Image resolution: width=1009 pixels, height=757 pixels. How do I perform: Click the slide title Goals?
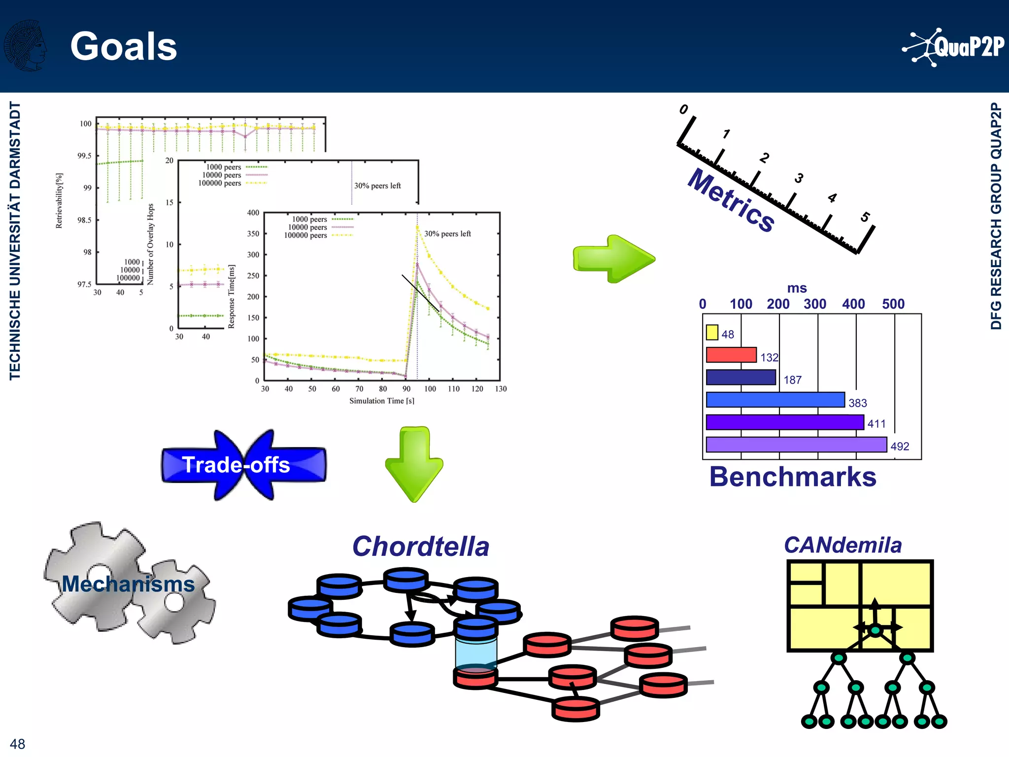(124, 46)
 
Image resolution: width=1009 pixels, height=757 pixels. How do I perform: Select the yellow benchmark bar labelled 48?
(711, 332)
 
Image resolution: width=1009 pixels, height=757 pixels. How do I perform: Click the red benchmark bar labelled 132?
(731, 355)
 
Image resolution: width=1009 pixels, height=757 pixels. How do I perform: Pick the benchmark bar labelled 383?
(775, 400)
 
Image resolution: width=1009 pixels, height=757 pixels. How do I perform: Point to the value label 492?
(900, 446)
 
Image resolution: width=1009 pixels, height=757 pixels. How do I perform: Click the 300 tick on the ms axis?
(815, 304)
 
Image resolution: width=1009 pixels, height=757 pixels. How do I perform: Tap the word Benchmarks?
(792, 477)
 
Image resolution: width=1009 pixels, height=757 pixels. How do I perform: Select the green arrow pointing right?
(614, 259)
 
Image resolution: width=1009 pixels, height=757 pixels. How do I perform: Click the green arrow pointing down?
(414, 464)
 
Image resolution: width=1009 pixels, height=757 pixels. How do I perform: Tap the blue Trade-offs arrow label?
(236, 465)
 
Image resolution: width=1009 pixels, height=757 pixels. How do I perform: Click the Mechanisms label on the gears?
(128, 584)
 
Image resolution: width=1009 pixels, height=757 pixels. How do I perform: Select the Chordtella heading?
(420, 547)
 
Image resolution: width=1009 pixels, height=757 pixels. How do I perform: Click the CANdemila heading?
(842, 545)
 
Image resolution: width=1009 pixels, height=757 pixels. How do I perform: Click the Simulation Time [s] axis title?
(381, 401)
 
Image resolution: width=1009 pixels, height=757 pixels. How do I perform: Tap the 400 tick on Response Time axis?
(253, 213)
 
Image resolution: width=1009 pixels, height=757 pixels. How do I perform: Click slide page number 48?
(17, 744)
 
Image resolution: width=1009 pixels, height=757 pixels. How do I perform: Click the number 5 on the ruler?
(865, 217)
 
